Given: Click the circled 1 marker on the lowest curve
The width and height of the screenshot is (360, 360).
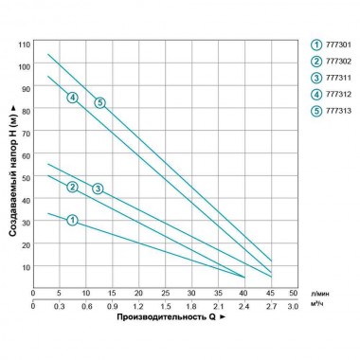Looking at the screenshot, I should point(72,220).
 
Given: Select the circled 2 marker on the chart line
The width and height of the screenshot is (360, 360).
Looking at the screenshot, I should point(72,187).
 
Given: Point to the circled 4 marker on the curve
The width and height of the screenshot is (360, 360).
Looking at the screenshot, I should point(72,98).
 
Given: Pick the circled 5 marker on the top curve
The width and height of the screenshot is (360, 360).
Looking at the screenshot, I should point(99,102).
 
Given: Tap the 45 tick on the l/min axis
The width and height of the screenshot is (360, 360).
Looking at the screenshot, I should point(271,294).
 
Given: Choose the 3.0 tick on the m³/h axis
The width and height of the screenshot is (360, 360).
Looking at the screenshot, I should point(293,307).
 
